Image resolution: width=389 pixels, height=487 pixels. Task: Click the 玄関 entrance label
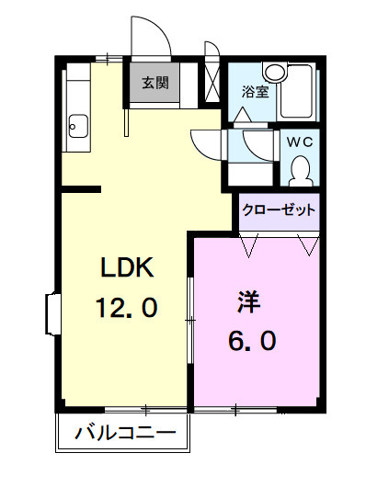(154, 83)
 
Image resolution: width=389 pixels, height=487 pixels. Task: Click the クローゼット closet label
(279, 210)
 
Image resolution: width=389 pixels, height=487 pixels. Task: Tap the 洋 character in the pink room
(249, 300)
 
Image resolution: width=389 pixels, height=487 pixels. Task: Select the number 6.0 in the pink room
(251, 341)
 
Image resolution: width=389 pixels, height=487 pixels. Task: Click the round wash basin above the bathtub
(274, 72)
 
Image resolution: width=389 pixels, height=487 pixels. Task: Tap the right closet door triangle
(308, 245)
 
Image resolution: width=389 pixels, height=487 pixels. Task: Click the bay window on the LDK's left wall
(51, 315)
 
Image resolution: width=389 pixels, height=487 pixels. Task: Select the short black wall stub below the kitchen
(81, 190)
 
